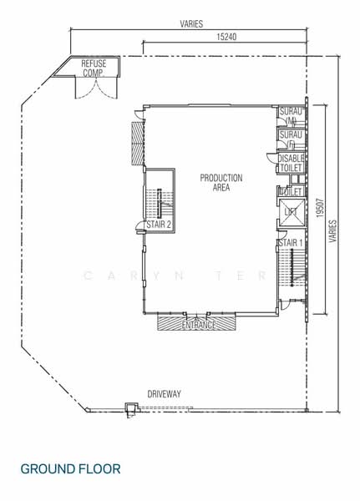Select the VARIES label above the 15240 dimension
(x=190, y=25)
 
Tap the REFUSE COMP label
(x=93, y=68)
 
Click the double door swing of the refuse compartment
(x=94, y=87)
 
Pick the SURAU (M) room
(x=291, y=116)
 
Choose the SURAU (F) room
(x=291, y=139)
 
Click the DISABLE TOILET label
(x=292, y=163)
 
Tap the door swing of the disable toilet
(x=271, y=159)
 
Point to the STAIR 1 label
(x=290, y=242)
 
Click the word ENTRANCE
(x=198, y=324)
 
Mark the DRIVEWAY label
(x=165, y=394)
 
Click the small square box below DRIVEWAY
(x=129, y=408)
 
